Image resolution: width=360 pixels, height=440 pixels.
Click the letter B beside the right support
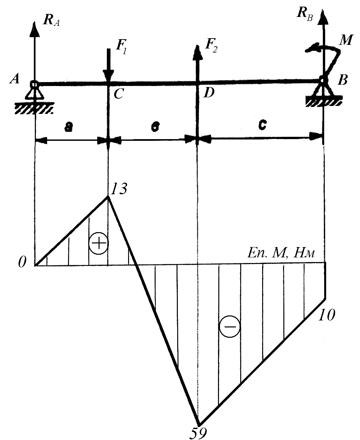pyautogui.click(x=343, y=80)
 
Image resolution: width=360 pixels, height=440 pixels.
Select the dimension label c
pyautogui.click(x=262, y=125)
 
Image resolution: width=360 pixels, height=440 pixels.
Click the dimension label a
pyautogui.click(x=68, y=127)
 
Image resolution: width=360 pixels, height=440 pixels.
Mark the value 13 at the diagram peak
pyautogui.click(x=118, y=190)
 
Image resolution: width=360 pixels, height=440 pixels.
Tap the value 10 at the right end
pyautogui.click(x=327, y=315)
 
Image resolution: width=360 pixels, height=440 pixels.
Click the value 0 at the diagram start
pyautogui.click(x=22, y=263)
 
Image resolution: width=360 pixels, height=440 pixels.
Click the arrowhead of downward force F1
pyautogui.click(x=108, y=76)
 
